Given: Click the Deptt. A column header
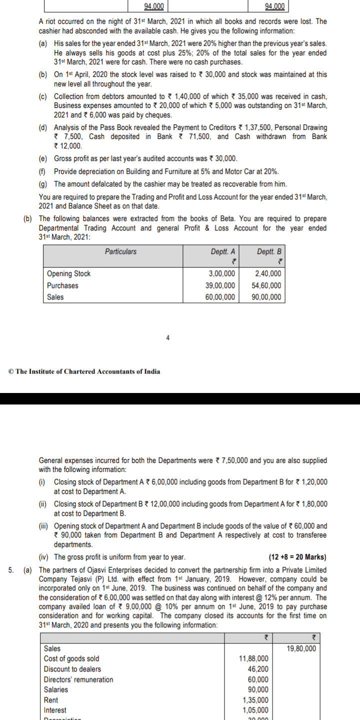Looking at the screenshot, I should coord(223,251).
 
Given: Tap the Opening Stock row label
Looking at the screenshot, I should coord(68,273).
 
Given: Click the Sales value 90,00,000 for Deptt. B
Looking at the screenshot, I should coord(268,297).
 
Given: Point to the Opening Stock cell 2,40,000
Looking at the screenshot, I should coord(268,273).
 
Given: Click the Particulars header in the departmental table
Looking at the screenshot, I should coord(120,251).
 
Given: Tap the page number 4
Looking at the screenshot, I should coord(168,338).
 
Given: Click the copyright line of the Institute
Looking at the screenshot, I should coord(84,371).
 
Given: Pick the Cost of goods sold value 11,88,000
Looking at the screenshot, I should coord(254,658).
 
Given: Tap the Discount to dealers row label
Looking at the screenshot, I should coord(72,669).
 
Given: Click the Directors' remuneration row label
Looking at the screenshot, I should coord(78,679).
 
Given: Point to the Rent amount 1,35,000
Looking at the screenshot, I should coord(255,700).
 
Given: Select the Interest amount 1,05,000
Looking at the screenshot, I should coord(255,710).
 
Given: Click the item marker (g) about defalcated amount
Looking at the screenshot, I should coord(43,184).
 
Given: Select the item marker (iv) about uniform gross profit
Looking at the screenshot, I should coord(44,557).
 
